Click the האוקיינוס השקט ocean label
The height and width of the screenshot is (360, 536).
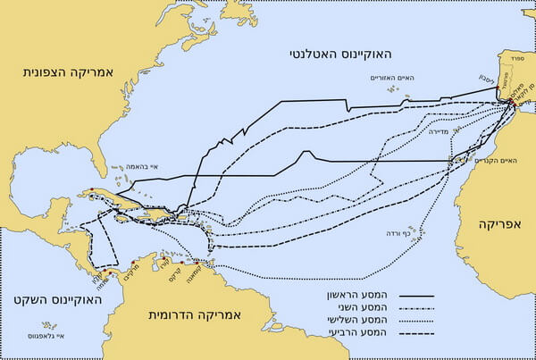point(38,297)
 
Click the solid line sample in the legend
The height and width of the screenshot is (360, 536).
point(412,292)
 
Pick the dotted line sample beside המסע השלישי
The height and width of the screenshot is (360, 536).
point(412,320)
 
